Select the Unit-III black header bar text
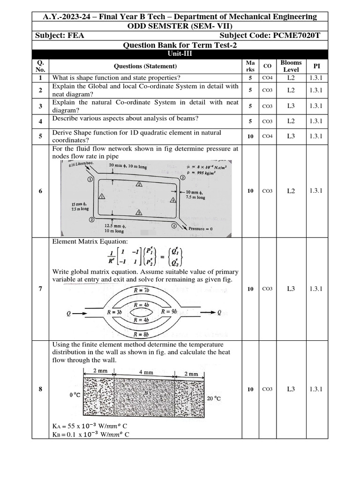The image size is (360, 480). point(180,54)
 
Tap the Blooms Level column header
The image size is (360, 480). point(291,66)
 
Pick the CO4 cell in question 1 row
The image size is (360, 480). point(267,78)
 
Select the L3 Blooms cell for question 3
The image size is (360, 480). point(291,106)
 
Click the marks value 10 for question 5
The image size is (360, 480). point(250,136)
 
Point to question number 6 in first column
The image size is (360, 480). point(41,191)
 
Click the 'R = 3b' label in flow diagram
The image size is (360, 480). point(114,312)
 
